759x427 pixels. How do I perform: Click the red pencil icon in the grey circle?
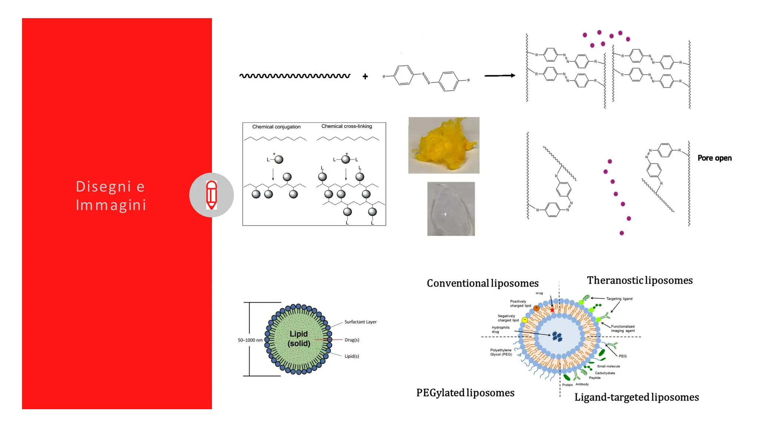coord(211,195)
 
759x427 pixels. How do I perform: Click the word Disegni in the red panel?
coord(103,186)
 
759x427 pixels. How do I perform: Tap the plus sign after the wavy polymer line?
coord(365,76)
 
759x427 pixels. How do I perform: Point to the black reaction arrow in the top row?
coord(500,76)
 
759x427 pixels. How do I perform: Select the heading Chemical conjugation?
coord(276,127)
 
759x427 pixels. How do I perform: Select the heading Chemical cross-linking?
coord(347,126)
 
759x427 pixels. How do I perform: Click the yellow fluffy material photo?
coord(444,145)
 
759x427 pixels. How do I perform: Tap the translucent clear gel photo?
coord(451,209)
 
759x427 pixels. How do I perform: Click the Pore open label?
coord(715,158)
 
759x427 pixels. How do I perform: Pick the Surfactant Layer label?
coord(360,322)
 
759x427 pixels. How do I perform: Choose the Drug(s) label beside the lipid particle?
coord(352,340)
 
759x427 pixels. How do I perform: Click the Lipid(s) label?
coord(352,356)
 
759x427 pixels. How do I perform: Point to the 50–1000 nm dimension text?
coord(250,340)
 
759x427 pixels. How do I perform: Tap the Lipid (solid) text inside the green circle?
coord(299,339)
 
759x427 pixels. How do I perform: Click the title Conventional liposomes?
coord(483,284)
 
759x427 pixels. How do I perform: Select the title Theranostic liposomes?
coord(640,281)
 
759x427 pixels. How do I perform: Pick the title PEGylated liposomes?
coord(465,393)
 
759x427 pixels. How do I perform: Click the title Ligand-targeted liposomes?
coord(636,397)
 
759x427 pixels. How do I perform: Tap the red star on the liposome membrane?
coord(552,310)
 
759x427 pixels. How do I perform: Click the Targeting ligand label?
coord(619,299)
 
